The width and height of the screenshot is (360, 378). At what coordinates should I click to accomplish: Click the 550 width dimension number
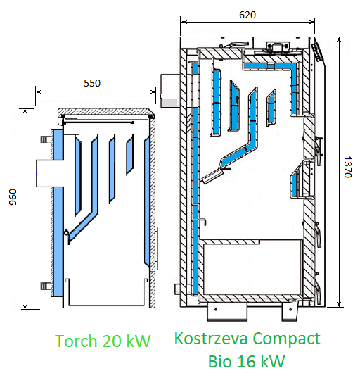pos(92,83)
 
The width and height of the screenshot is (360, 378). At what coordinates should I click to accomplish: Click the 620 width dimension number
pos(247,15)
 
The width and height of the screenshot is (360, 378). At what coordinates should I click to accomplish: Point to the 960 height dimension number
pos(13,197)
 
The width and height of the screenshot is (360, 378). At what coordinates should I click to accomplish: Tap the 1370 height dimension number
pos(348,167)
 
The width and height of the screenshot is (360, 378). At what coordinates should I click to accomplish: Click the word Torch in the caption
pos(76,341)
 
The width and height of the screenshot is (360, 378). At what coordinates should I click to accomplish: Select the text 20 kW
pos(127,341)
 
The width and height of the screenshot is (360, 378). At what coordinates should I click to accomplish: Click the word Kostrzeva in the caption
pos(211,338)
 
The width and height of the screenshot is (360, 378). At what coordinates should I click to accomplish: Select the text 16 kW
pos(262,361)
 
